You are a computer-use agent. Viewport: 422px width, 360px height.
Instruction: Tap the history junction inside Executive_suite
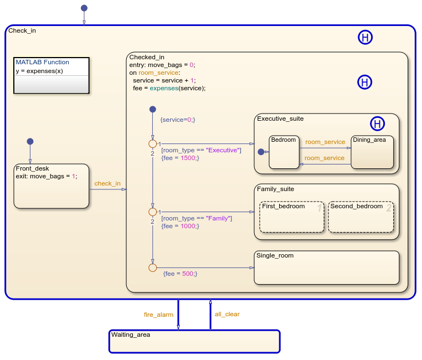377,124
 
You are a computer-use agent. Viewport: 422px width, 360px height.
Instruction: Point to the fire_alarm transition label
158,315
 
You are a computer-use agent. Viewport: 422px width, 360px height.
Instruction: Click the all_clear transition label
227,314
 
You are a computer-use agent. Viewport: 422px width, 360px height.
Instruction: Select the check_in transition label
107,183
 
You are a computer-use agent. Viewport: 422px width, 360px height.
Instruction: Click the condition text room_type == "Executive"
201,150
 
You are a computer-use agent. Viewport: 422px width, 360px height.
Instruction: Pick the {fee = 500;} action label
180,274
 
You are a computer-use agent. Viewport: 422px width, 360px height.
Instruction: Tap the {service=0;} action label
177,120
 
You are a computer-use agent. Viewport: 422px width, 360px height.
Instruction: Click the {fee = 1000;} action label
181,226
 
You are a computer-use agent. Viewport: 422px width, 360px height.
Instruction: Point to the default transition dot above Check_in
84,8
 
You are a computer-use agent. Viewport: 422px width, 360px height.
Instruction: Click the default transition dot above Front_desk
30,141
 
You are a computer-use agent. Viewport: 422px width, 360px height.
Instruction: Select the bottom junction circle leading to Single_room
152,268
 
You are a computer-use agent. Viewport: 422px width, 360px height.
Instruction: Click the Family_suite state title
275,189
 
